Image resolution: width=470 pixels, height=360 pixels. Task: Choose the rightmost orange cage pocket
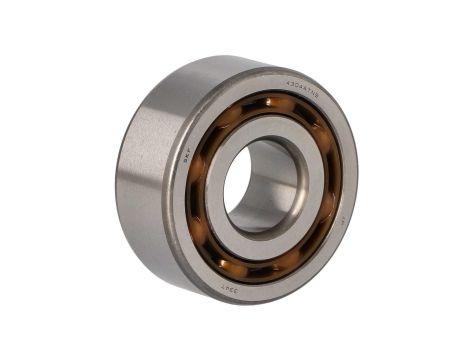(330, 185)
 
